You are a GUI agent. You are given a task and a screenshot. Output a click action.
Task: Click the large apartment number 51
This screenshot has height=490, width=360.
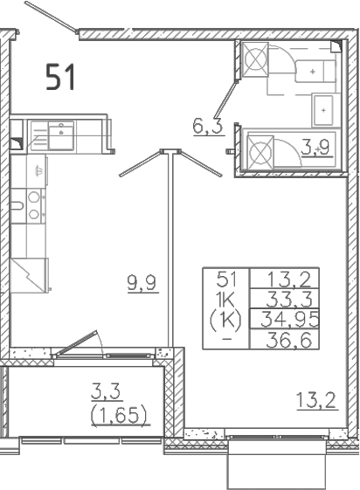[x=60, y=77]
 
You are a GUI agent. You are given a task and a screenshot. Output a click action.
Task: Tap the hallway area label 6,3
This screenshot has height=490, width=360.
[x=208, y=126]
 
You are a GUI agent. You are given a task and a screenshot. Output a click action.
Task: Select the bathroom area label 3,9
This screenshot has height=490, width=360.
[x=315, y=147]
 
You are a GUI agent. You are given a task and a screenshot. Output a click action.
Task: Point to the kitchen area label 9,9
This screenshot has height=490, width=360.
[x=142, y=283]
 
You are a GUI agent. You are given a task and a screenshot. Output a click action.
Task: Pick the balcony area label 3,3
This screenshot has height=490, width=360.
[x=106, y=391]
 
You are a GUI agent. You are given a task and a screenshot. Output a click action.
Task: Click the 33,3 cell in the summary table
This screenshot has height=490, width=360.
[x=289, y=299]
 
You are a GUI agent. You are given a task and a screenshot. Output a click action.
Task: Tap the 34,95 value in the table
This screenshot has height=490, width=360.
[x=290, y=319]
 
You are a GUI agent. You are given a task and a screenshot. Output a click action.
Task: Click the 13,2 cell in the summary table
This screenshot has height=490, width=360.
[x=289, y=279]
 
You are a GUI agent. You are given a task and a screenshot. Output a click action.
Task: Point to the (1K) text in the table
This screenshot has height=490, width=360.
[x=225, y=320]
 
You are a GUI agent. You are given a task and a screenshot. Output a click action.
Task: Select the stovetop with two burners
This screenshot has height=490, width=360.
[x=34, y=206]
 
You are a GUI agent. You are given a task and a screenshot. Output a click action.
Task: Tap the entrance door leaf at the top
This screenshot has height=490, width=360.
[x=51, y=17]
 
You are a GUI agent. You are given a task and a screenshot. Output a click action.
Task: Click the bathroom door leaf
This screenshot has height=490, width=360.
[x=225, y=99]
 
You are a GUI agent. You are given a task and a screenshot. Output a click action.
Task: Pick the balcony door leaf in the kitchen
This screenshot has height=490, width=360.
[x=75, y=342]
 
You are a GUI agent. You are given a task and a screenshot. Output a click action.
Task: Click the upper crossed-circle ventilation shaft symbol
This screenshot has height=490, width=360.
[x=256, y=59]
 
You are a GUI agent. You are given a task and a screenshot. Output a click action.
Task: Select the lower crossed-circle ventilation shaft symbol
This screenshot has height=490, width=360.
[x=260, y=152]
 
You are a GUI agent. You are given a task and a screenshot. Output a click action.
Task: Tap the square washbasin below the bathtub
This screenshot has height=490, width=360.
[x=323, y=110]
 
